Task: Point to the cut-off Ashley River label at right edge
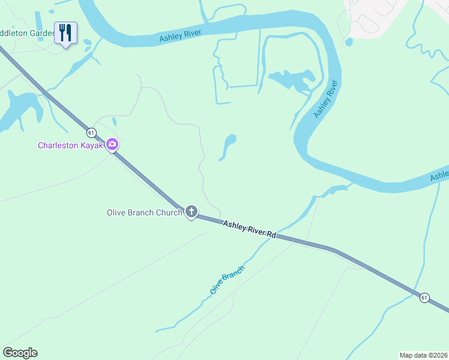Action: tap(440, 175)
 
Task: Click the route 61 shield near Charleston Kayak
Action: tap(90, 132)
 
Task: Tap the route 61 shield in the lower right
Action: tap(424, 298)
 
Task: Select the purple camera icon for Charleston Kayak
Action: tap(112, 144)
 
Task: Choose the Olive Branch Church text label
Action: tap(144, 212)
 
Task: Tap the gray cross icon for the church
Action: tap(191, 211)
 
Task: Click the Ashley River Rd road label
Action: tap(249, 230)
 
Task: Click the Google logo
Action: tap(20, 353)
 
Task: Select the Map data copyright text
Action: tap(424, 355)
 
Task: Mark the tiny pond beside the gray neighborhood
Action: tap(349, 42)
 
